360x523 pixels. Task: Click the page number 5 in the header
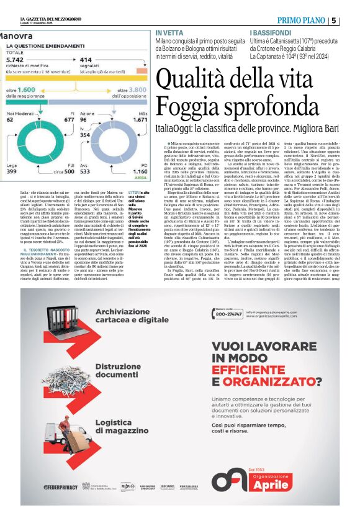tap(351, 20)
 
